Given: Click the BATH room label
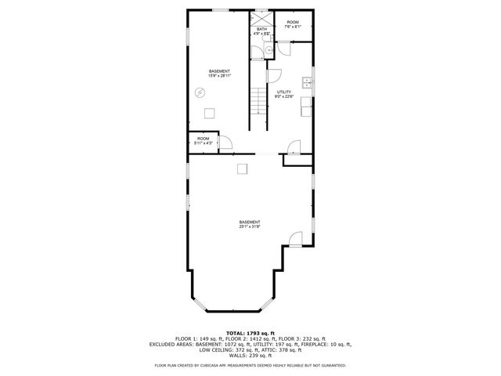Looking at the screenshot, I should pos(261,32).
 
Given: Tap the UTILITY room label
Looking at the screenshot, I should pos(285,95).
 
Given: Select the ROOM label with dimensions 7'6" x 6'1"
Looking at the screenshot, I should pos(293,24).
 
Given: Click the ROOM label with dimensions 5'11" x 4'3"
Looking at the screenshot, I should pos(203,142).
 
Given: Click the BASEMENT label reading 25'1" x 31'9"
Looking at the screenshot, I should pos(250,225).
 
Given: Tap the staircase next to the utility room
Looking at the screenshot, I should pos(258,108).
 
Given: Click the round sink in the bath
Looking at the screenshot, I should pos(267,49).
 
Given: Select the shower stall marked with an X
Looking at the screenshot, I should pos(261,16).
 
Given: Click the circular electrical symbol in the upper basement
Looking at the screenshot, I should pos(200,92).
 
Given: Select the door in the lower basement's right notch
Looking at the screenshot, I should pos(295,240).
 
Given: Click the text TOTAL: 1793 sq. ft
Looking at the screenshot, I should pos(250,333).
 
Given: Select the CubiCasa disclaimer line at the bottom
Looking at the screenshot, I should pos(250,365).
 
